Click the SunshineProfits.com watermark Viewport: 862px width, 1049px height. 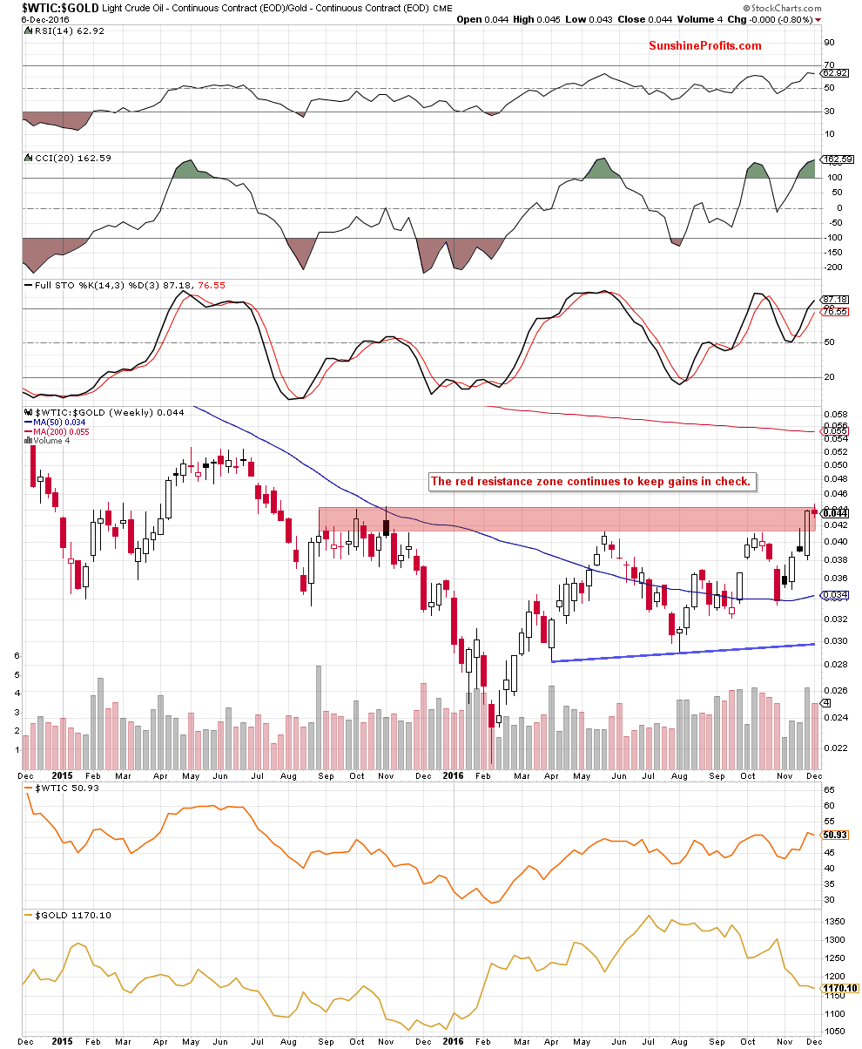tap(705, 46)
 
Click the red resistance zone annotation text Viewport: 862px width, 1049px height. tap(591, 481)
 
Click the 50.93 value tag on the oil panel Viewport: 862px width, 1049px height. tap(834, 835)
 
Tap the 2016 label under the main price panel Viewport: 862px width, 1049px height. tap(454, 775)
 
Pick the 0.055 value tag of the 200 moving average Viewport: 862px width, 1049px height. tap(834, 431)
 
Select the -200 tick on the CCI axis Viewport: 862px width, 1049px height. tap(833, 267)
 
